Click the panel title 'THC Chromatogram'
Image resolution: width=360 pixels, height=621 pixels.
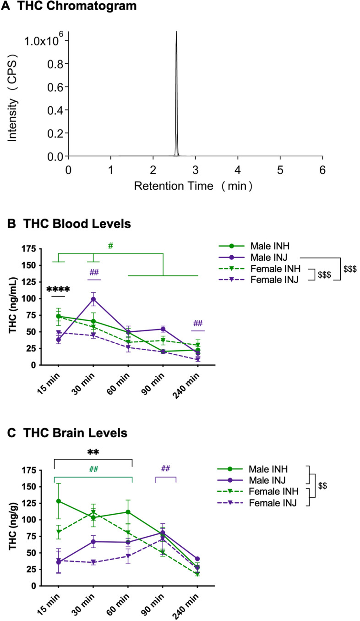pyautogui.click(x=71, y=6)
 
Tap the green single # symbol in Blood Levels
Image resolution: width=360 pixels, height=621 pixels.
pyautogui.click(x=110, y=246)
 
